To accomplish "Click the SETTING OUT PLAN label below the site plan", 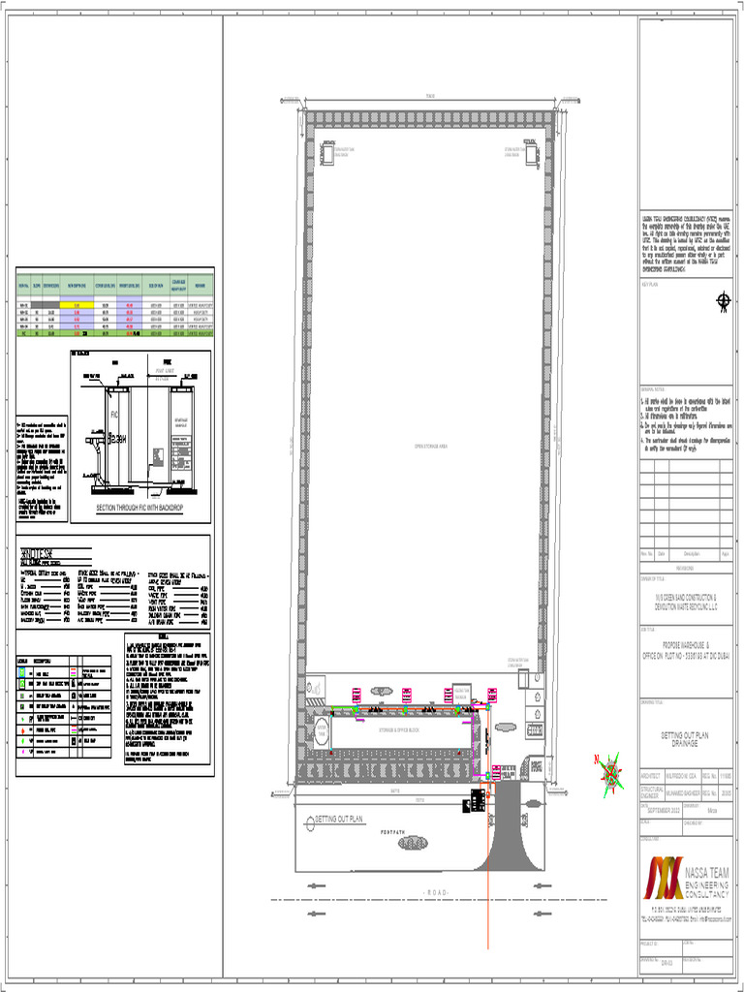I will tap(338, 820).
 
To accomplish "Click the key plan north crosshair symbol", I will tap(721, 301).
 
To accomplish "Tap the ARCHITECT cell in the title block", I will tap(651, 776).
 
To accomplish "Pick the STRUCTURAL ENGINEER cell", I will tap(651, 792).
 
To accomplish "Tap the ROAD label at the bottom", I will tap(433, 890).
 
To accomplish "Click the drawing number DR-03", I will tap(666, 964).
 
